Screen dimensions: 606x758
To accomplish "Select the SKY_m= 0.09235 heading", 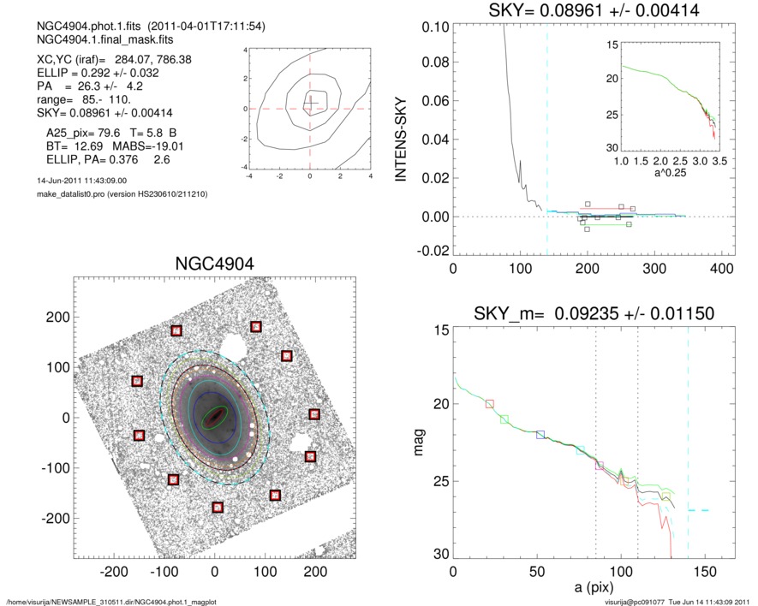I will click(593, 313).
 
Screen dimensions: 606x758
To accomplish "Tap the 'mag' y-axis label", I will click(418, 443).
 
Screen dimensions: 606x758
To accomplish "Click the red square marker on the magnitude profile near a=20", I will click(490, 404).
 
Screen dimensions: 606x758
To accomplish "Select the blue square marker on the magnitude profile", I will click(540, 435).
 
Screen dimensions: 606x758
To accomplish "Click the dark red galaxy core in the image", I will click(213, 418).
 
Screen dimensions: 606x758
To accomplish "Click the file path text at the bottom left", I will click(111, 602).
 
